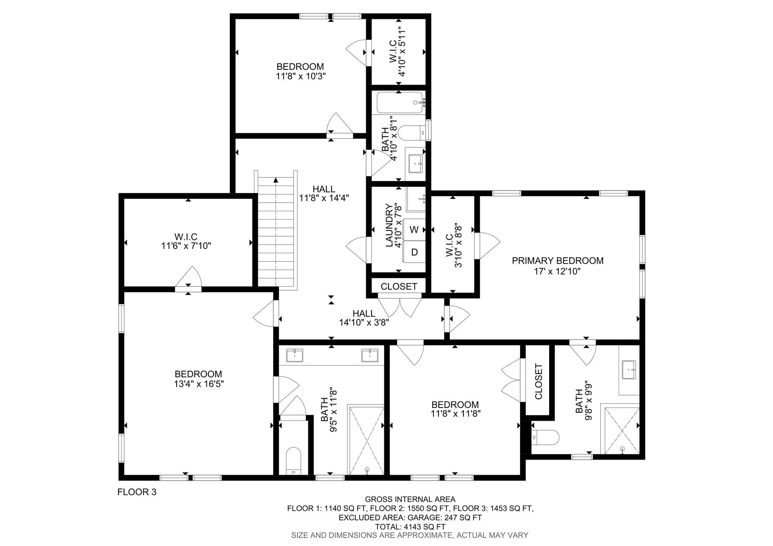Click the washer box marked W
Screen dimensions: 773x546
(414, 229)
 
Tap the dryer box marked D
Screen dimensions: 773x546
(414, 252)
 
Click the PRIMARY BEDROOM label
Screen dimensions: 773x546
(557, 261)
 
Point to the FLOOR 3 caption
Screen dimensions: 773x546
(137, 492)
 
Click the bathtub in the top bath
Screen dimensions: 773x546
(400, 102)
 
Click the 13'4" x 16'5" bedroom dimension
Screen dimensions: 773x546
(199, 384)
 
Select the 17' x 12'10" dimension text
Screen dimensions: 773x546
(557, 271)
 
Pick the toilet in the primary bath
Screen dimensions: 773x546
(545, 437)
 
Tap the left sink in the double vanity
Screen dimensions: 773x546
(294, 355)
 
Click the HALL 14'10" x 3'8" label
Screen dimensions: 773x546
(364, 318)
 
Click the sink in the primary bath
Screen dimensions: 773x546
(629, 369)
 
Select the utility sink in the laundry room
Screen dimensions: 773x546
(416, 199)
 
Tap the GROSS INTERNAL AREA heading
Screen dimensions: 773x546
(410, 500)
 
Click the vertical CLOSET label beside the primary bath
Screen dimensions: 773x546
(539, 381)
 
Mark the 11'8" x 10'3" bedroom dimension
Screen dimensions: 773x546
(301, 76)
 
